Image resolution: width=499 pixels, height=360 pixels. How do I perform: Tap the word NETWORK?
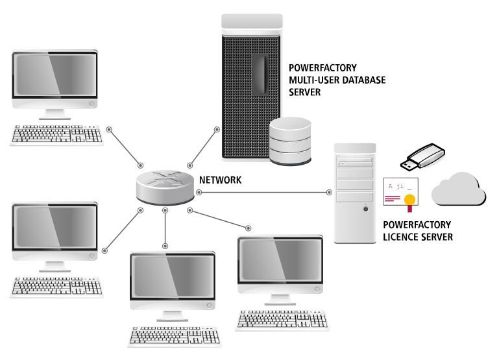[x=220, y=180]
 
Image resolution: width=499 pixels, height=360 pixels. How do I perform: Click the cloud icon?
[x=459, y=189]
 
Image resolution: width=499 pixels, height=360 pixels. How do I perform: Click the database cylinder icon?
[x=291, y=141]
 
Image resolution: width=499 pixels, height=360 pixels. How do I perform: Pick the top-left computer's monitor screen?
[x=55, y=75]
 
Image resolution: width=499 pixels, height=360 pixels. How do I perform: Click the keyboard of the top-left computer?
[x=57, y=134]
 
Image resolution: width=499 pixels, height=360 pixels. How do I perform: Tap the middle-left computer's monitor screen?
[x=55, y=229]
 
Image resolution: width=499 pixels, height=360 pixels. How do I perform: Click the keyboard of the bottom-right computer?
[x=282, y=320]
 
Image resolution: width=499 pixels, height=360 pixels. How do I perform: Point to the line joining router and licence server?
[x=260, y=192]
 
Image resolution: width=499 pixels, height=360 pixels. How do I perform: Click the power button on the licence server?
[x=365, y=208]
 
